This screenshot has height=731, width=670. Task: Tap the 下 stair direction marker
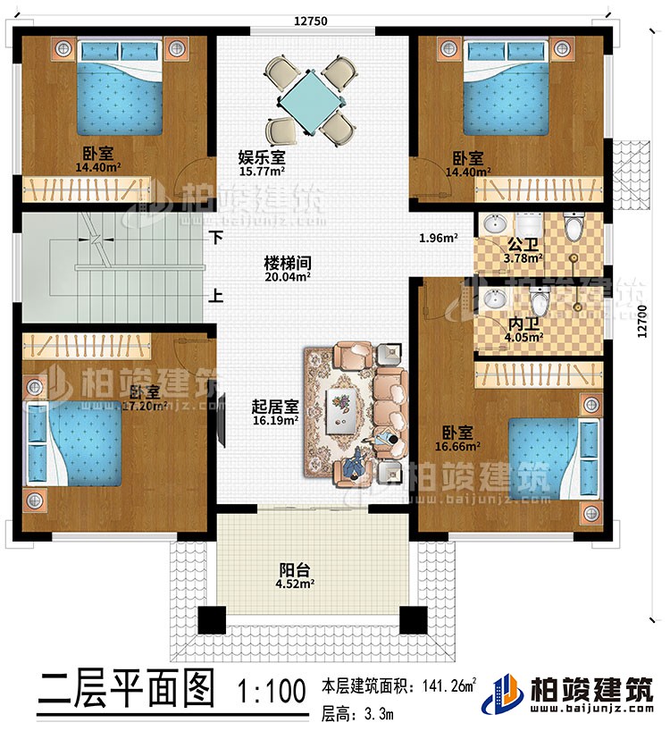pyautogui.click(x=216, y=239)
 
